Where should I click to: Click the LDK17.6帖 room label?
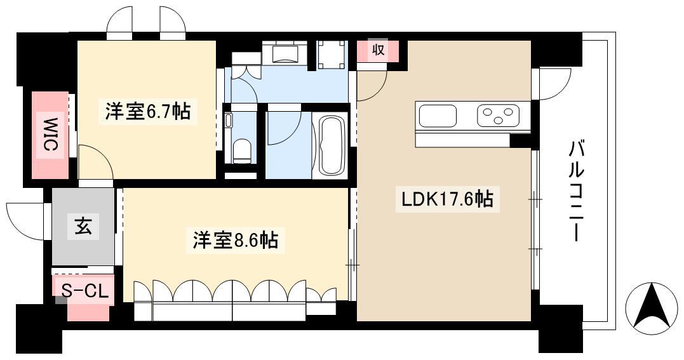click(x=447, y=199)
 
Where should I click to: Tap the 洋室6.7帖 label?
click(x=147, y=111)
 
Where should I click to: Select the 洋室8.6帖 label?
click(x=236, y=239)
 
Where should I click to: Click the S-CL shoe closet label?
click(x=84, y=291)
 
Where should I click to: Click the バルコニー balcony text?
click(x=576, y=191)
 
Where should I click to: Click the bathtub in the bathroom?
click(x=332, y=145)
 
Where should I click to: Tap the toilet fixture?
click(x=242, y=150)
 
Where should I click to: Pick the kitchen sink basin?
click(x=438, y=116)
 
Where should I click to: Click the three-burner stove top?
click(x=499, y=116)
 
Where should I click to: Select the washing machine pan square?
click(x=332, y=55)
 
